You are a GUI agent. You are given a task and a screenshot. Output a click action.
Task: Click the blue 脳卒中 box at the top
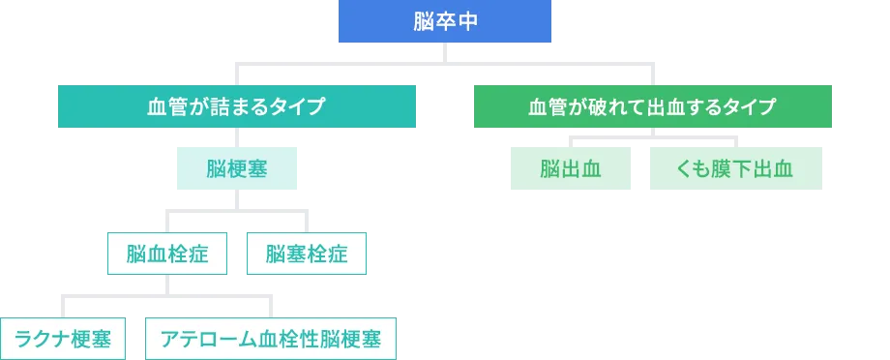pos(445,22)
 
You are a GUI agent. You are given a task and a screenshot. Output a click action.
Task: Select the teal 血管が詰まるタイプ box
pos(236,107)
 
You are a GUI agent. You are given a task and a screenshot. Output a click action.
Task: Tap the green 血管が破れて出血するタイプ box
pos(653,107)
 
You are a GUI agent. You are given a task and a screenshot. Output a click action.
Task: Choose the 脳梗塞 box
pos(236,169)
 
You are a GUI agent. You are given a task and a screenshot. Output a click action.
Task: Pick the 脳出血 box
pos(571,169)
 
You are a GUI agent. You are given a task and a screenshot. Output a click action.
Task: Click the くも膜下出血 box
pos(738,169)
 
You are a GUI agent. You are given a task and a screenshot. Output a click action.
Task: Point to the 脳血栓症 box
pos(168,255)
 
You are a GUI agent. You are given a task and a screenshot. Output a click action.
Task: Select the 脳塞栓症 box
pos(306,255)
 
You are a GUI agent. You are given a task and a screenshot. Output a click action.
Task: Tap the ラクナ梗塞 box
pos(62,339)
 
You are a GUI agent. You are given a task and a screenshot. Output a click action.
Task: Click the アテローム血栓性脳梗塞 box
pos(270,339)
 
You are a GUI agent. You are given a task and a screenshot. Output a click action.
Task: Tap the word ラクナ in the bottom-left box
pos(40,339)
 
